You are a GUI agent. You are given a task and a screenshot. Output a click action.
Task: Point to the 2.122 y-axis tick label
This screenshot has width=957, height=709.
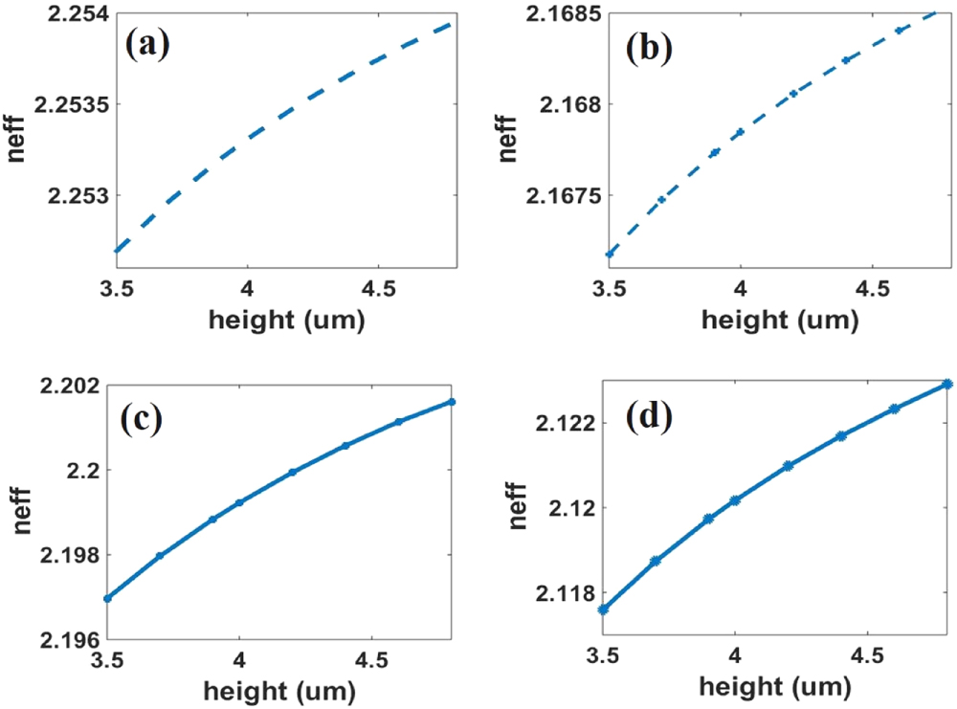[x=568, y=423]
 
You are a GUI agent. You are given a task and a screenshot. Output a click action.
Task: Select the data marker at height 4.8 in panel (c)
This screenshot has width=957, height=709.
[x=452, y=402]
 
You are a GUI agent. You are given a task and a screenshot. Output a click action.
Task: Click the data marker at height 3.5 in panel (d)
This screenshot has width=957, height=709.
[x=603, y=609]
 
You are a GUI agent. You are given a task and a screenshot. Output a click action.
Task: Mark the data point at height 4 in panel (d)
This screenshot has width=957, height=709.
[x=735, y=500]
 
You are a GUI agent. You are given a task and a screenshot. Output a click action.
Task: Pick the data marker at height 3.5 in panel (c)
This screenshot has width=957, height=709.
[x=107, y=598]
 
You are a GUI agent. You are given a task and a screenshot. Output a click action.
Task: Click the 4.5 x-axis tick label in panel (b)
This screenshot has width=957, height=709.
[x=872, y=286]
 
